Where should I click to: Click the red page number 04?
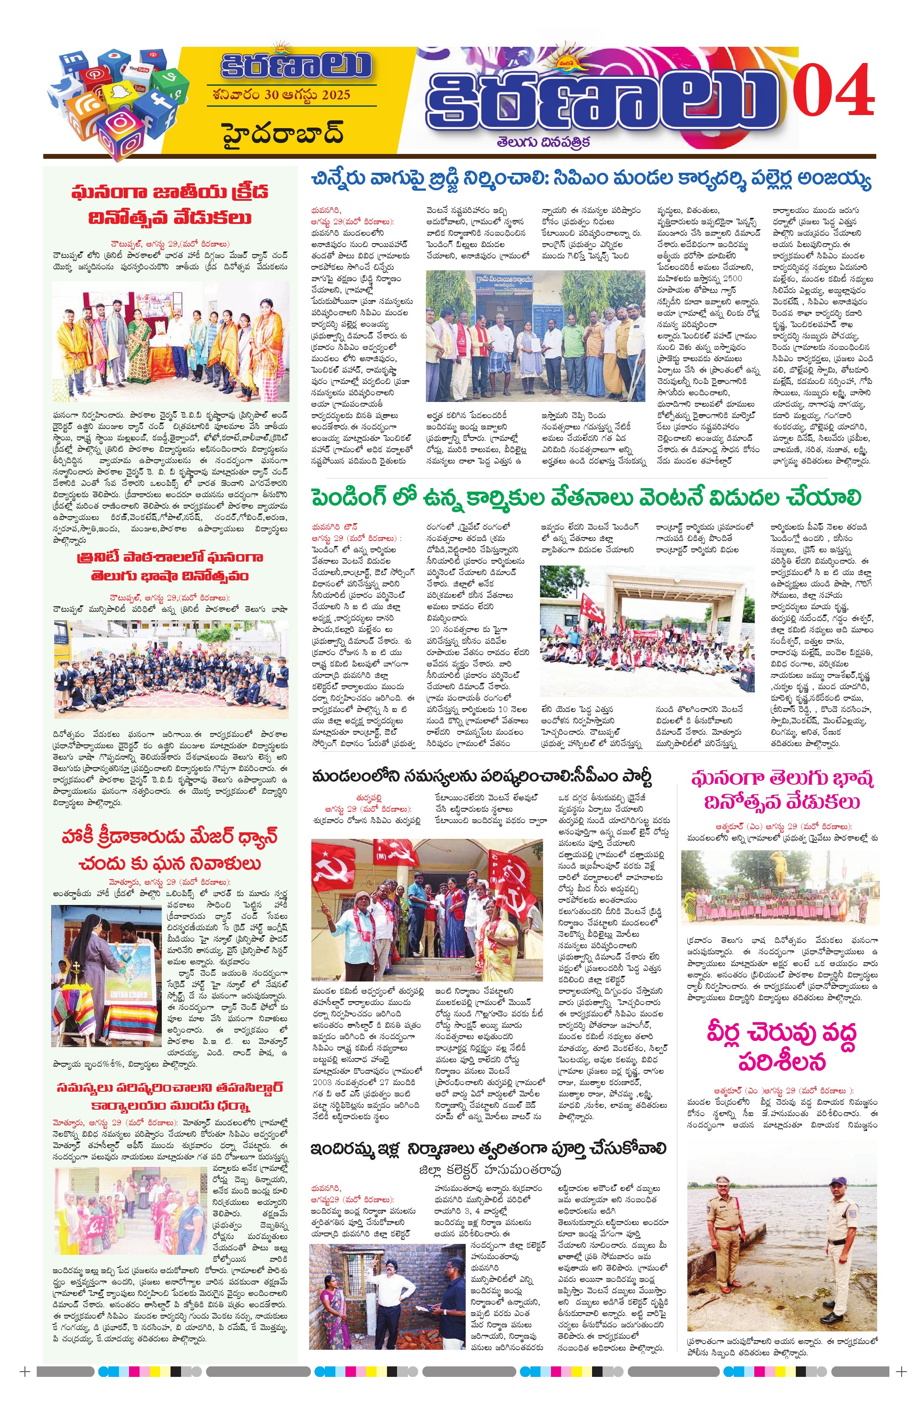pyautogui.click(x=833, y=91)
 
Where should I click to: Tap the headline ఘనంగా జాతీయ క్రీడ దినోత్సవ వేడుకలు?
pyautogui.click(x=170, y=205)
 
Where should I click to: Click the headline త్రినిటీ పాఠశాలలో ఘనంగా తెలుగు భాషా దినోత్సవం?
pyautogui.click(x=170, y=566)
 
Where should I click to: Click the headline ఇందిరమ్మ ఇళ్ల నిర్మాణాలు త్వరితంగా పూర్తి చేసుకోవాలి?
pyautogui.click(x=488, y=1149)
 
